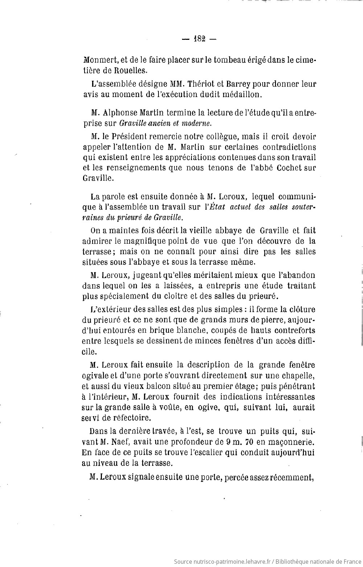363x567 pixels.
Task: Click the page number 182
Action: [x=199, y=39]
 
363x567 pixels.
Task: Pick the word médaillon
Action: [x=243, y=94]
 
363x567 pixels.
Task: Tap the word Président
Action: [x=131, y=137]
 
